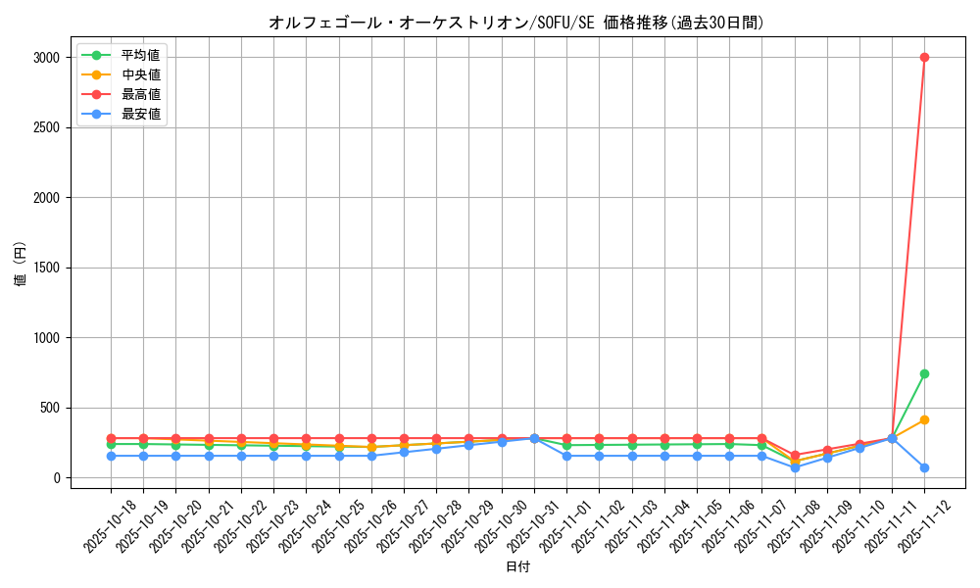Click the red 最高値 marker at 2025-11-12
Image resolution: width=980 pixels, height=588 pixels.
(x=924, y=57)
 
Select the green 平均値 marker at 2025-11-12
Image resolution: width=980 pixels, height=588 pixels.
(x=924, y=373)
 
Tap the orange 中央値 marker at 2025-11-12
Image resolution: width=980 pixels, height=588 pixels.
(x=924, y=419)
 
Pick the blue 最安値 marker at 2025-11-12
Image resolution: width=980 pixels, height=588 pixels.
(x=924, y=467)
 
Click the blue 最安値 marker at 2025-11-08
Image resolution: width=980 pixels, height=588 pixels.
(x=795, y=467)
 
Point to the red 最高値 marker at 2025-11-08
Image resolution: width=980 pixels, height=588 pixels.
(x=795, y=456)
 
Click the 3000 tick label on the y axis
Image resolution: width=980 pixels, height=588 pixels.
(x=45, y=58)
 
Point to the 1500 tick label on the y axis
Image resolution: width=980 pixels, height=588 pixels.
(x=45, y=268)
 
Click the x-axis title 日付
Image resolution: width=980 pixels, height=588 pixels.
(x=517, y=567)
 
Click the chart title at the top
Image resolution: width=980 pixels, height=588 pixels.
(x=516, y=23)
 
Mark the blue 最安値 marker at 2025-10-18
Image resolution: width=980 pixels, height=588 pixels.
(x=111, y=456)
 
